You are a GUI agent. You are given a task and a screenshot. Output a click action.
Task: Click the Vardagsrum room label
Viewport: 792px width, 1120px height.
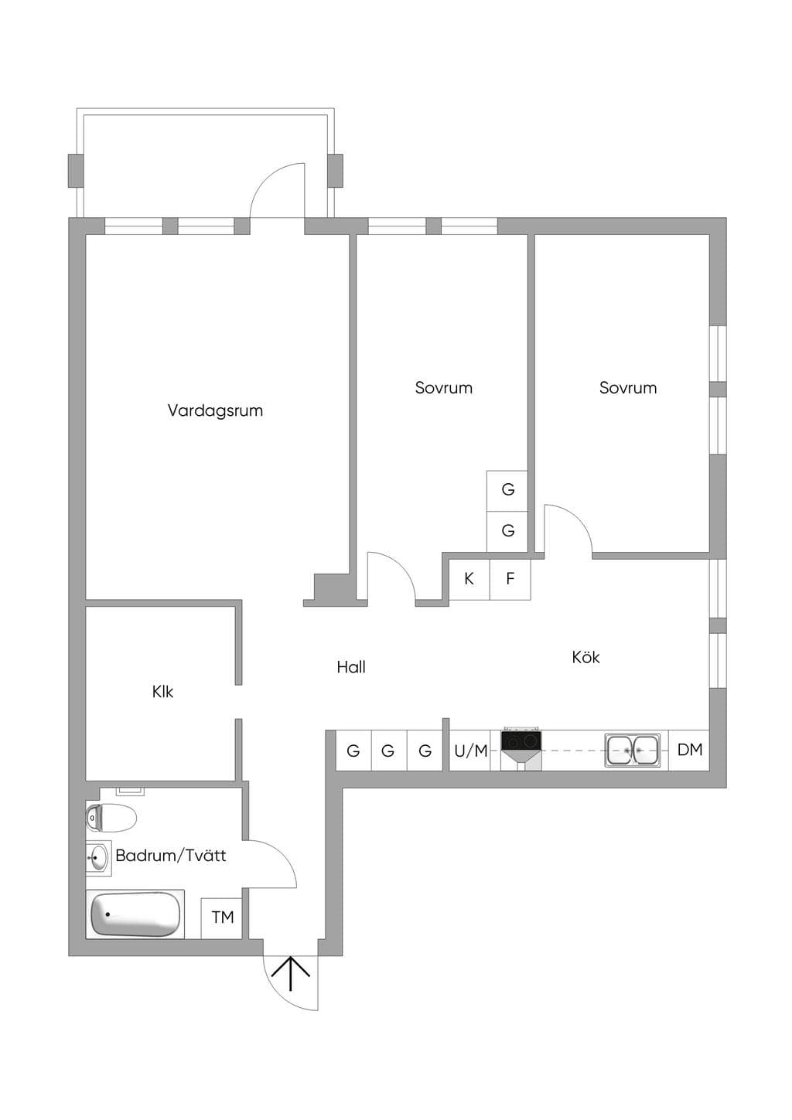click(215, 410)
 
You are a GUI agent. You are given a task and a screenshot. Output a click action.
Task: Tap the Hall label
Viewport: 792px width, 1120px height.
click(350, 667)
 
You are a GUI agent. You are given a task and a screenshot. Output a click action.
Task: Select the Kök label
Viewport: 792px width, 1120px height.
click(585, 657)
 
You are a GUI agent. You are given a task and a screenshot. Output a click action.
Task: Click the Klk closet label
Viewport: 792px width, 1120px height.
click(162, 692)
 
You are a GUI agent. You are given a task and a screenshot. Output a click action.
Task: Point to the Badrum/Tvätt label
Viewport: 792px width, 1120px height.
click(171, 856)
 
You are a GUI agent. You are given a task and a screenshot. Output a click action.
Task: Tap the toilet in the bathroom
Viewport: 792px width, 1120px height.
click(111, 818)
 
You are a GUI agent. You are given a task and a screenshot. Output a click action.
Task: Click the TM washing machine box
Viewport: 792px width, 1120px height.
click(222, 918)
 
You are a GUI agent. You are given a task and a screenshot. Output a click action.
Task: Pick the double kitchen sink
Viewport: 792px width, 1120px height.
click(633, 750)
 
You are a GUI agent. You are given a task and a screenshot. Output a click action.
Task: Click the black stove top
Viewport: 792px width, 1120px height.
click(521, 740)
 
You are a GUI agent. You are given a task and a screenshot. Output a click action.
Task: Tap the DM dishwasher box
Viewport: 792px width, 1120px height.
click(689, 750)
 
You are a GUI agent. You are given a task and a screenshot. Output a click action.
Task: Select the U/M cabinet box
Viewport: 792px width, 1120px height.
click(470, 751)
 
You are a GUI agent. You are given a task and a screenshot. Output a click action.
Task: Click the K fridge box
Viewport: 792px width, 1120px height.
click(469, 579)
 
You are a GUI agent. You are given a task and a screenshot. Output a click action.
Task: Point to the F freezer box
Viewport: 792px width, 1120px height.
click(510, 579)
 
